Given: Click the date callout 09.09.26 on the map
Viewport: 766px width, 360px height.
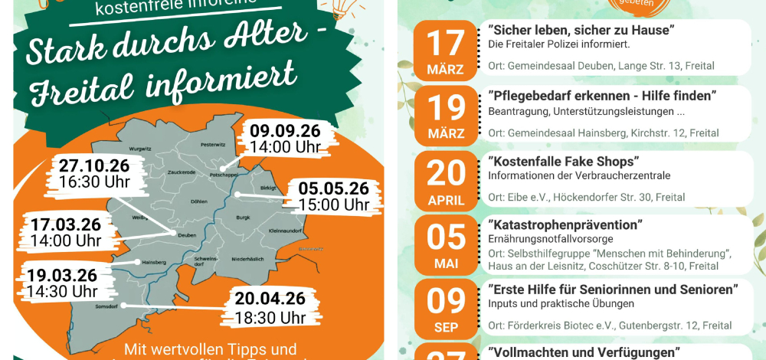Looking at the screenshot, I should tap(285, 138).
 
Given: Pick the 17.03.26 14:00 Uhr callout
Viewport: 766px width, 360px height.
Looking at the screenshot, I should tap(66, 232).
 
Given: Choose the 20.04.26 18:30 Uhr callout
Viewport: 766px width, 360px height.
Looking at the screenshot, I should tap(270, 307).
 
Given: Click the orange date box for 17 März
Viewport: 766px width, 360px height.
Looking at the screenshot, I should tap(445, 50).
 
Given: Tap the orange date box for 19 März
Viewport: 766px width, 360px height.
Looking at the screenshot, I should tap(445, 115).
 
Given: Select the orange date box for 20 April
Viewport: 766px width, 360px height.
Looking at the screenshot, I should tap(445, 180).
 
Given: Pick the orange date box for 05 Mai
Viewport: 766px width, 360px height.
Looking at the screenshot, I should tap(445, 244).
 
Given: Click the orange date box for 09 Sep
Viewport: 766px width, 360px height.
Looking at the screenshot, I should tap(445, 309).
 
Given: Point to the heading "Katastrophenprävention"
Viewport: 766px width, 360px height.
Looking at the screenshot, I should tap(565, 225).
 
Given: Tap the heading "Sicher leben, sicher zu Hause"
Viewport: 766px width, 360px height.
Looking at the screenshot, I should tap(581, 30).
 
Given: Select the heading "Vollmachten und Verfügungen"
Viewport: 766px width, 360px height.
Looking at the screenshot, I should tap(584, 352).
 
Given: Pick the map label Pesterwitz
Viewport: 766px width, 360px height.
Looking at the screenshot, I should tap(211, 144).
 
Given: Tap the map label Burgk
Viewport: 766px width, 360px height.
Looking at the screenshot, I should tap(243, 218).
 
